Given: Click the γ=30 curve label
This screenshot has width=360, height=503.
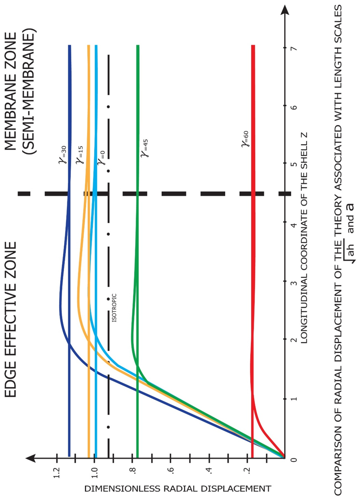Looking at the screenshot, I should tap(64, 155).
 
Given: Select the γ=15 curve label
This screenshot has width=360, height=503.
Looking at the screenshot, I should tap(81, 155).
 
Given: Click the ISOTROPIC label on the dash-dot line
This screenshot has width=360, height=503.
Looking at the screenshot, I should tap(115, 308).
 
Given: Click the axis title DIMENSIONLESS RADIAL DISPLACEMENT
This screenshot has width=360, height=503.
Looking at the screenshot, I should tap(178, 489).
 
